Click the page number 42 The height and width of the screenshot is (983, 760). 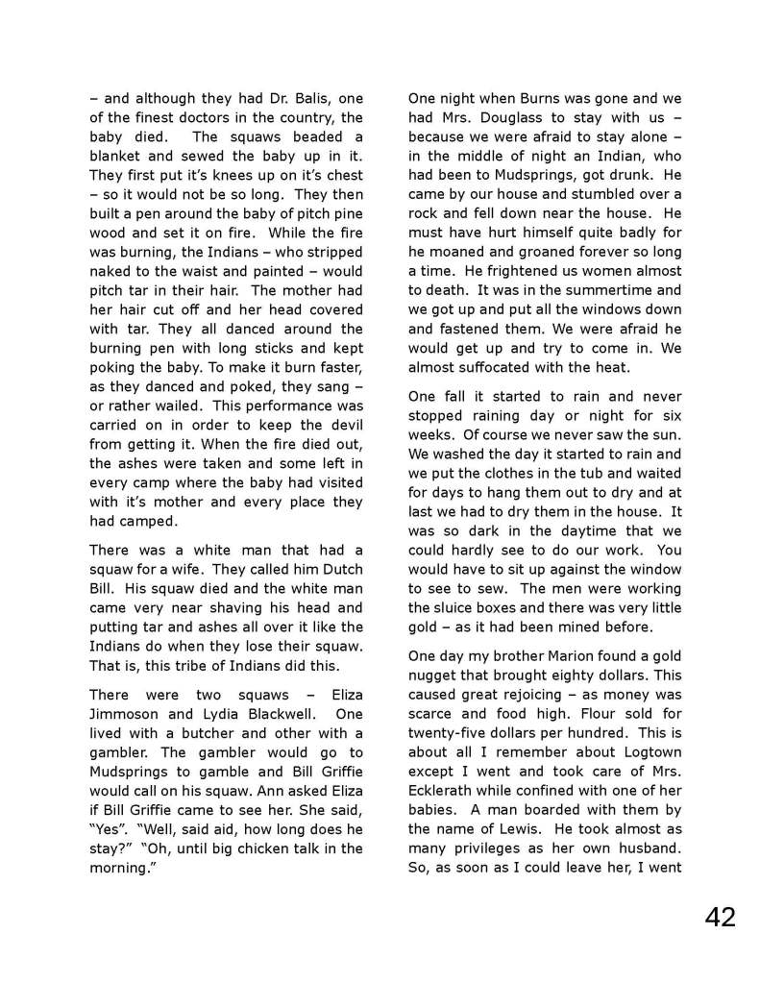[720, 917]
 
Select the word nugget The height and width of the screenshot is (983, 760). [435, 675]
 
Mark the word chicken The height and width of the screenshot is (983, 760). [266, 848]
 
